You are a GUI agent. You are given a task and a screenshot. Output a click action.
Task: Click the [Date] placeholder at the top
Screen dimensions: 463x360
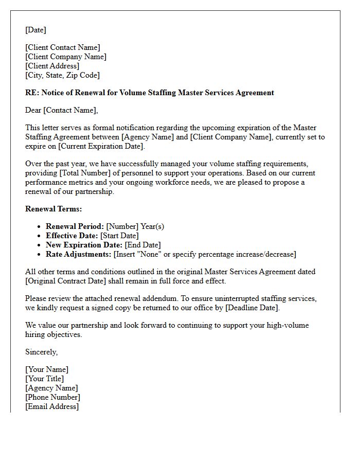(35, 30)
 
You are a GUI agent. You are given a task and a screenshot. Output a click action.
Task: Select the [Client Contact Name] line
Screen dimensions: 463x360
(63, 47)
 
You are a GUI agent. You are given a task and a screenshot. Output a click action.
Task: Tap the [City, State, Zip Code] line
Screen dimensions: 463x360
(62, 75)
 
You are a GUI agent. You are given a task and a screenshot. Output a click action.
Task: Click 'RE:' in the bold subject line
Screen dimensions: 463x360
(32, 93)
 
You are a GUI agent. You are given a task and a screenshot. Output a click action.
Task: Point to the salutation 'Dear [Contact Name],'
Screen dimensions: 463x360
(61, 110)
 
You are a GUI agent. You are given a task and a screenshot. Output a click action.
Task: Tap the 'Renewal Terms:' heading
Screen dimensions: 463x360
(53, 209)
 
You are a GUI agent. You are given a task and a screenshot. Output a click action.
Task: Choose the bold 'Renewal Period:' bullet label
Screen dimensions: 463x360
(75, 226)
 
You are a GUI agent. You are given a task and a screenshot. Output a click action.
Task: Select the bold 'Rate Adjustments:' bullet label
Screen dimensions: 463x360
(78, 254)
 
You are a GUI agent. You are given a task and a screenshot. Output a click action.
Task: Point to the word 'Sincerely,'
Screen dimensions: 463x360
(42, 352)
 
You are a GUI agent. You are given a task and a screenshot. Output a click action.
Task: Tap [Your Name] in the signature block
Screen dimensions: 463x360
(47, 369)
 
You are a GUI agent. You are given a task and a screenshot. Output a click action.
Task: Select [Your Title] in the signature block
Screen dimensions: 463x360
(45, 379)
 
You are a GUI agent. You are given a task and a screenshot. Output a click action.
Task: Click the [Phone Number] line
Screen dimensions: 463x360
(52, 397)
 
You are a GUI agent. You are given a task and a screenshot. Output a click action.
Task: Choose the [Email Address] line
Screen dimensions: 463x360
(52, 406)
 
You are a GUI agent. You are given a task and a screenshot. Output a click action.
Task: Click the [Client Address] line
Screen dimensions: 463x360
(52, 66)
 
